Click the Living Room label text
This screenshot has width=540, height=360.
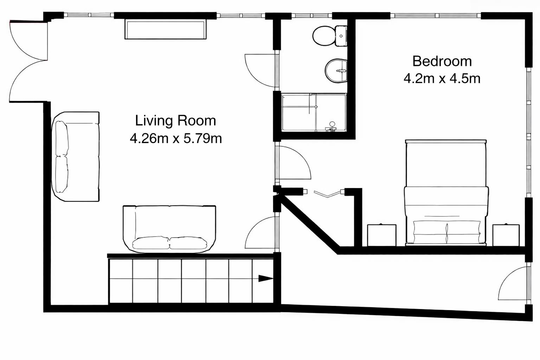pos(175,121)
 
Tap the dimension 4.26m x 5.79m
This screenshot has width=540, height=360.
pos(175,138)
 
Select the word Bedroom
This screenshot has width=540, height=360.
pos(442,61)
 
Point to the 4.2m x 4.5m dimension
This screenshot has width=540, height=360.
pos(442,78)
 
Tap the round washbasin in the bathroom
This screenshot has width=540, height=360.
pos(336,71)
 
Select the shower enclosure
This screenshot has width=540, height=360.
pos(314,112)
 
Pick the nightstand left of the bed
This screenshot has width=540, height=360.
pos(381,235)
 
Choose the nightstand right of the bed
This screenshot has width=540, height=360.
pos(506,235)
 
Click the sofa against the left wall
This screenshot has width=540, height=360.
pos(76,156)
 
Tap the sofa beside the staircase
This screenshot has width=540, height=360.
pos(169,229)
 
